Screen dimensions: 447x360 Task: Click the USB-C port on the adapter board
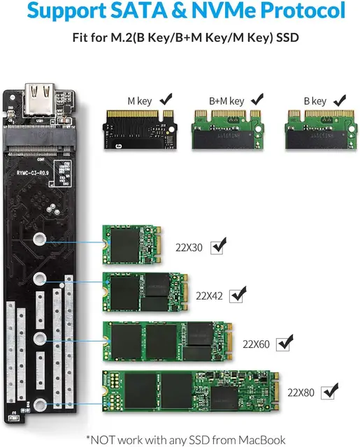tap(39, 93)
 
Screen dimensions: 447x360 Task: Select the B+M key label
tap(226, 101)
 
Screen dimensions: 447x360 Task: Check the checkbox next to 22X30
tap(219, 246)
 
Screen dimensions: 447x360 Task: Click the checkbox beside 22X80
tap(329, 393)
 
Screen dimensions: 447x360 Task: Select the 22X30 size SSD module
tap(131, 245)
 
